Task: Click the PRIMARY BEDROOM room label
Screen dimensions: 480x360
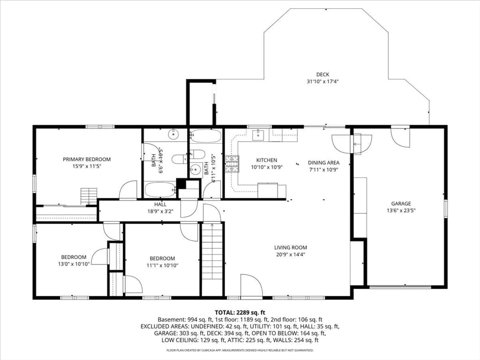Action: coord(87,159)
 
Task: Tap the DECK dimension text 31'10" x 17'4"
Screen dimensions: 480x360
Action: coord(322,82)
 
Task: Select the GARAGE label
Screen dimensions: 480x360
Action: coord(401,203)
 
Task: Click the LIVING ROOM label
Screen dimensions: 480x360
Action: coord(291,247)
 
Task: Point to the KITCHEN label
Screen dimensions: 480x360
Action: coord(267,160)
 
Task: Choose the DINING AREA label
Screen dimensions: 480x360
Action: coord(323,163)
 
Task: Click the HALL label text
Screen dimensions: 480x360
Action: coord(160,204)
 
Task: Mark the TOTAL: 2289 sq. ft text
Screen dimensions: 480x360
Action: coord(240,313)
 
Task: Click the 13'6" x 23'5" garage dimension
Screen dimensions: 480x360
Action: coord(401,210)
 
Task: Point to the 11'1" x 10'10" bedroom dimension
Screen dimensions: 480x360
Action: coord(162,265)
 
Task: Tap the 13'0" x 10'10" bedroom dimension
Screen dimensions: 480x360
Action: coord(74,264)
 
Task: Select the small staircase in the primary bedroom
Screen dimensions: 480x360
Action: coord(89,196)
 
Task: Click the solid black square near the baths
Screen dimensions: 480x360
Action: coord(181,184)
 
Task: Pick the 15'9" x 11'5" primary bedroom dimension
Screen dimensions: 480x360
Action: coord(87,166)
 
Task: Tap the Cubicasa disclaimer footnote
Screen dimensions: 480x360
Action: coord(240,350)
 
